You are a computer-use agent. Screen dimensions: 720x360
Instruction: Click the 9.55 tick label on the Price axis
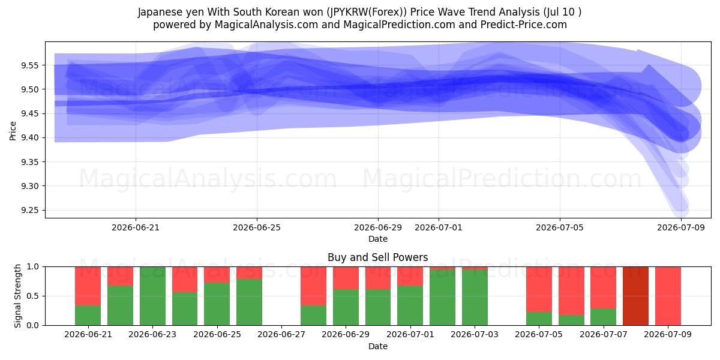pyautogui.click(x=29, y=65)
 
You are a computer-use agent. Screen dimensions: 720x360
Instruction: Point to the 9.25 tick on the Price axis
pyautogui.click(x=29, y=210)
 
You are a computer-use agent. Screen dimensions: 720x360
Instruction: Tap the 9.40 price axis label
pyautogui.click(x=29, y=138)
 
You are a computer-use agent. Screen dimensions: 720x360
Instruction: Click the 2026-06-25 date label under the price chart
pyautogui.click(x=257, y=227)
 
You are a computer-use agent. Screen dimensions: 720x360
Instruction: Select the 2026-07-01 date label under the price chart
pyautogui.click(x=439, y=227)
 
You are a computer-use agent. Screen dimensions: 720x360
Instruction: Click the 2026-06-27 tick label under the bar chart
pyautogui.click(x=281, y=334)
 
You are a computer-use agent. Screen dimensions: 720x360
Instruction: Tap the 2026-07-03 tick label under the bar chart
pyautogui.click(x=475, y=334)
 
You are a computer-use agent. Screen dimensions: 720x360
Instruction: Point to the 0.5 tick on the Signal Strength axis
pyautogui.click(x=33, y=296)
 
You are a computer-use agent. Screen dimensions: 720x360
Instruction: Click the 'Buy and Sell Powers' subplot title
pyautogui.click(x=377, y=257)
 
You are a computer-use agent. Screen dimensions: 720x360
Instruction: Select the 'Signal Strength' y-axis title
pyautogui.click(x=17, y=296)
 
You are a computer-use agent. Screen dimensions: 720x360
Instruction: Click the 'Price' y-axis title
pyautogui.click(x=13, y=131)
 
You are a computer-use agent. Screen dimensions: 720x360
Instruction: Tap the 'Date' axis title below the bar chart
pyautogui.click(x=377, y=346)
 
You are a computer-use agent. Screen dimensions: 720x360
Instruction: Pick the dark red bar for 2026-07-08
pyautogui.click(x=635, y=296)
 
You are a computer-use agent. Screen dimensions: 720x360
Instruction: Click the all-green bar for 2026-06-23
pyautogui.click(x=152, y=296)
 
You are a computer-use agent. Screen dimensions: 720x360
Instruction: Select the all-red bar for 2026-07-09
pyautogui.click(x=668, y=296)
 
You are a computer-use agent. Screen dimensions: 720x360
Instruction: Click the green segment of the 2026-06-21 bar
pyautogui.click(x=88, y=316)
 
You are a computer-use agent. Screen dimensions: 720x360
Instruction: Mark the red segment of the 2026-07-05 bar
pyautogui.click(x=539, y=289)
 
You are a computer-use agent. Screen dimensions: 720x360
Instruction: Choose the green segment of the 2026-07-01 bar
pyautogui.click(x=410, y=305)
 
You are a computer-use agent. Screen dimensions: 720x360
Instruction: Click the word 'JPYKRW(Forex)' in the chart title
pyautogui.click(x=367, y=12)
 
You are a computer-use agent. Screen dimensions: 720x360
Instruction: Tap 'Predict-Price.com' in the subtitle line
pyautogui.click(x=524, y=25)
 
